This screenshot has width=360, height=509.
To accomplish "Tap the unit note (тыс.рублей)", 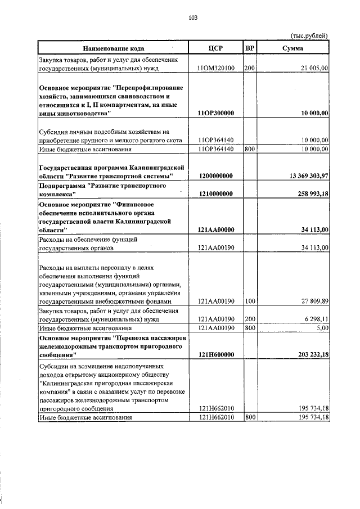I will [309, 36].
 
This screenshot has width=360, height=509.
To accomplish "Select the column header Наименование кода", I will [113, 49].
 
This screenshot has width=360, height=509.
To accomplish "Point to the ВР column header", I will [250, 49].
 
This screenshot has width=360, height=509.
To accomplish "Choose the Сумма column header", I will [293, 49].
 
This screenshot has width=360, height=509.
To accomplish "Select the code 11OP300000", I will [216, 113].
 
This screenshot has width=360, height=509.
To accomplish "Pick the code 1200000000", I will [216, 176].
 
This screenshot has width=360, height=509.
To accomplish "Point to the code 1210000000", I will [216, 193].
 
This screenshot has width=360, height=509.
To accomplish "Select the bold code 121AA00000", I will [216, 229].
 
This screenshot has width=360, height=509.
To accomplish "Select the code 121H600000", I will [216, 354].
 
